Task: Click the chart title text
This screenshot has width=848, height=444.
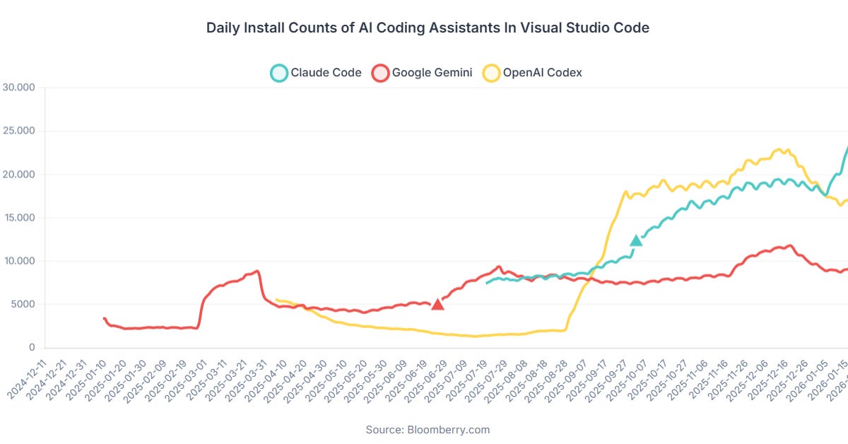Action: point(428,28)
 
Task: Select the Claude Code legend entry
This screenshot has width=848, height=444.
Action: point(317,72)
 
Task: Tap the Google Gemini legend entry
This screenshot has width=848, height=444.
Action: point(422,72)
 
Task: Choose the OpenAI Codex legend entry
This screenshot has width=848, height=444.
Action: point(533,72)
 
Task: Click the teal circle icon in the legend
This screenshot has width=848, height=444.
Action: point(279,72)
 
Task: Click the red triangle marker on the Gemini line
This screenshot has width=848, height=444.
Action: point(437,304)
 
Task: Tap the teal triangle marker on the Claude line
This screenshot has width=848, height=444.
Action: point(636,240)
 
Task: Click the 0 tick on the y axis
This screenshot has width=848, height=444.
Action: point(32,348)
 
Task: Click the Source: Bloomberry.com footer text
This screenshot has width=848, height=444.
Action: point(428,429)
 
